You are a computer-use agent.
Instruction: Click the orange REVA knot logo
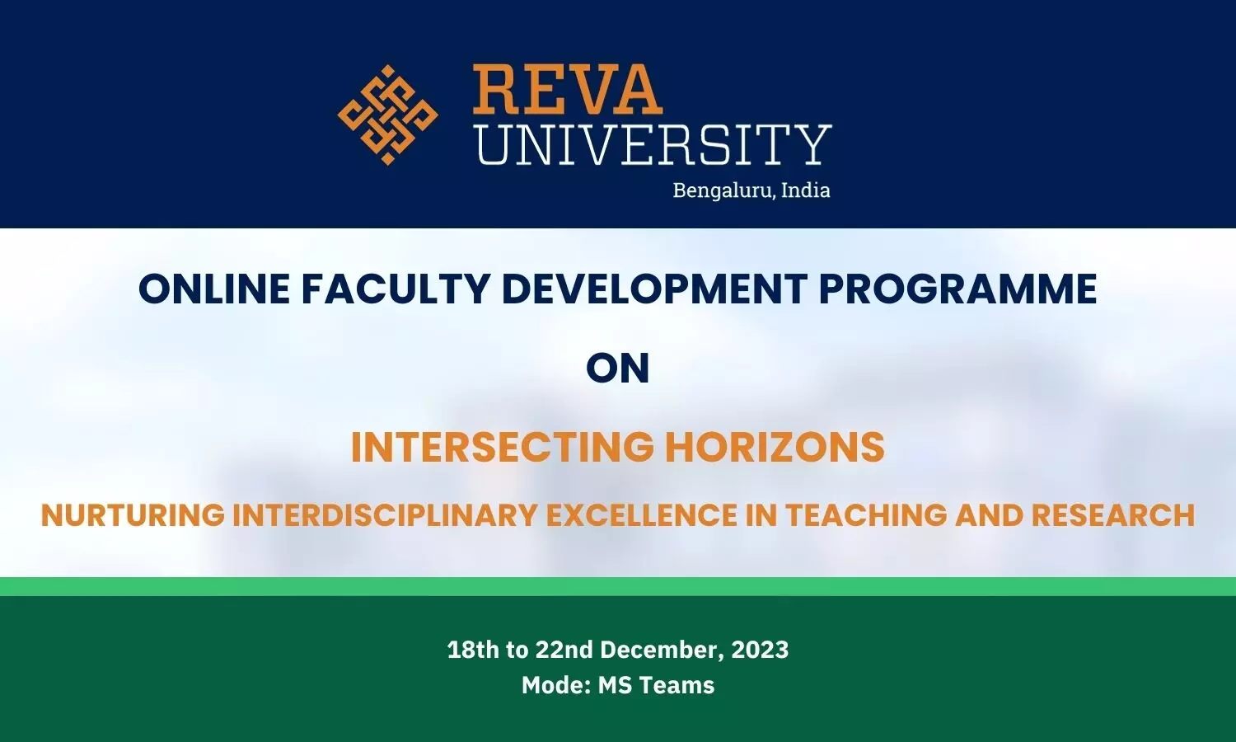pos(388,115)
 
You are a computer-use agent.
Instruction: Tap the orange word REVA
pos(567,89)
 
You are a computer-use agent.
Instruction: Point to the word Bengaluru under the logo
pos(719,190)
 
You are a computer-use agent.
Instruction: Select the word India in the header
pos(806,190)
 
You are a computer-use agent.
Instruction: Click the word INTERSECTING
pos(502,447)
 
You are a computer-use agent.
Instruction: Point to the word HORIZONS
pos(775,447)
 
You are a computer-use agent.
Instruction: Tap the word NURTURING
pos(133,515)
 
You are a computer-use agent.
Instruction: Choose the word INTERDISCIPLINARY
pos(385,515)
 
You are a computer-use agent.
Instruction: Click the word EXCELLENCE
pos(642,515)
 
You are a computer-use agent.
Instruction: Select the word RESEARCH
pos(1113,515)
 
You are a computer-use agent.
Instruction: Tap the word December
pos(662,650)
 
